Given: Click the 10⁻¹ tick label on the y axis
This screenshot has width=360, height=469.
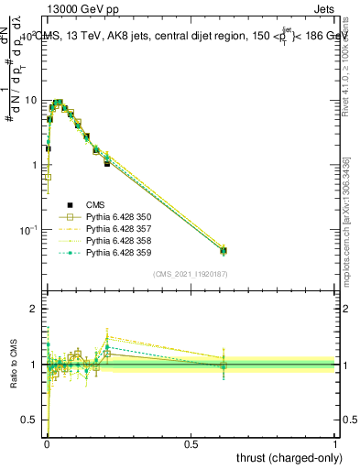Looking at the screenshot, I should click(x=29, y=229).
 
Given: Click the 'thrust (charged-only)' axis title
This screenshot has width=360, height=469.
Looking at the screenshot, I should click(x=287, y=457).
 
